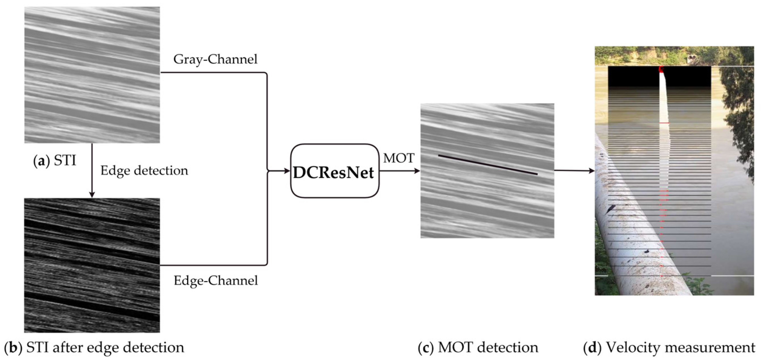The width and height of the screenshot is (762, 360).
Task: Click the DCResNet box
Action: [334, 171]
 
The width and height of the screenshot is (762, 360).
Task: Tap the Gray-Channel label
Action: [215, 59]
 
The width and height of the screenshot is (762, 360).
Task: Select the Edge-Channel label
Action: [216, 280]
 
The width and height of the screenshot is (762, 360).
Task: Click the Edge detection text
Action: [144, 171]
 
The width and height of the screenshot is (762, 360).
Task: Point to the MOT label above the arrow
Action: [399, 158]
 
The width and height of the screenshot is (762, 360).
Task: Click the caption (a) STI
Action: [55, 161]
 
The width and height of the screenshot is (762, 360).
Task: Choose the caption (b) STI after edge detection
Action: [94, 347]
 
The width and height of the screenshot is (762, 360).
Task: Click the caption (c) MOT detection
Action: [478, 347]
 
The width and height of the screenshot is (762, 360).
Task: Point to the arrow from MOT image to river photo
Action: [574, 170]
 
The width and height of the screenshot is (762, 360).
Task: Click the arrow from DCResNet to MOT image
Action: [399, 171]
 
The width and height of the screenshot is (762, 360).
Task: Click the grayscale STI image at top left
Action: [92, 75]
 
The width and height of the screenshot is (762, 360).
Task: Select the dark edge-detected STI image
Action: [92, 265]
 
